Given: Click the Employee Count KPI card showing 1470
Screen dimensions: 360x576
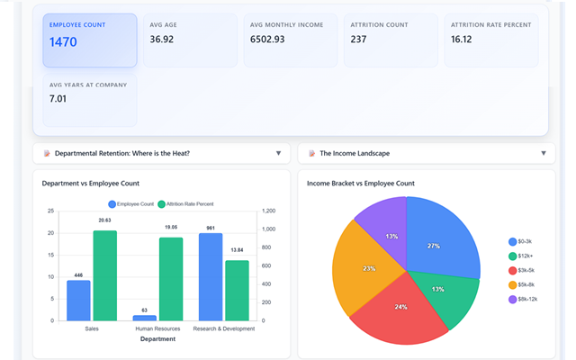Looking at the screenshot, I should (x=89, y=40).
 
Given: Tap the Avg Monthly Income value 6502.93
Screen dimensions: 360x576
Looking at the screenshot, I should (x=273, y=40).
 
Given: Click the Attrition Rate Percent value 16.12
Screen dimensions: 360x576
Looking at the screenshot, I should (x=463, y=40).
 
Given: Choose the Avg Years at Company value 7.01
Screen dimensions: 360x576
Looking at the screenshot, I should (x=58, y=98).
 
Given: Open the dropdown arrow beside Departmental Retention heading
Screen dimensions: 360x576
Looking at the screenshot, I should (x=278, y=153).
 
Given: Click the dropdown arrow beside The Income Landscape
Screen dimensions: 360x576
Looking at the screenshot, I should (x=543, y=153).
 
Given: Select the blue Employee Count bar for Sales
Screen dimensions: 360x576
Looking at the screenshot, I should (x=78, y=300).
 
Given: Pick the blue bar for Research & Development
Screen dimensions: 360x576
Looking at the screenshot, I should (x=211, y=276).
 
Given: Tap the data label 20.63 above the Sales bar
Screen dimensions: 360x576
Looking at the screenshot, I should (x=104, y=220).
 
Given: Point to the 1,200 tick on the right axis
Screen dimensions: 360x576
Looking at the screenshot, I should (x=269, y=211).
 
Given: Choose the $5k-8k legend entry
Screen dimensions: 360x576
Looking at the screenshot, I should (x=524, y=284).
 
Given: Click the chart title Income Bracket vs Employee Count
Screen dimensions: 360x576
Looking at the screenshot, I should (x=360, y=183).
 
